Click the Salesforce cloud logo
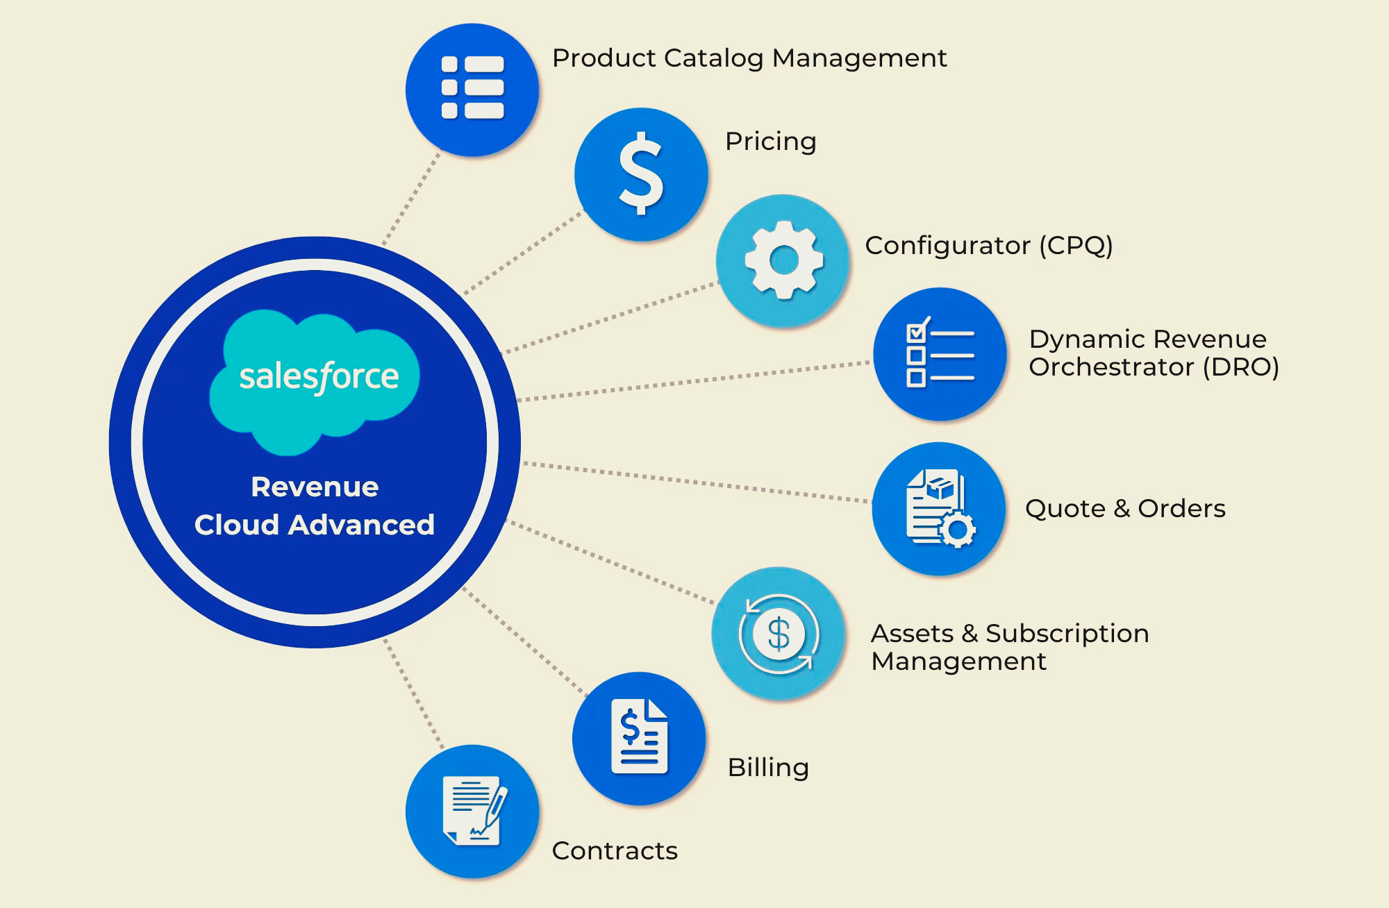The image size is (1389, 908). [x=316, y=378]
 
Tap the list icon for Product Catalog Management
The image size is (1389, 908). [x=472, y=88]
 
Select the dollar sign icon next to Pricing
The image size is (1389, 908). [x=641, y=174]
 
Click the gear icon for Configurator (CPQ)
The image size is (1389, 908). [x=783, y=260]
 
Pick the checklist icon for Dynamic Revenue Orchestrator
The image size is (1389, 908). [x=940, y=354]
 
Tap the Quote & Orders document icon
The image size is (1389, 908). [x=938, y=508]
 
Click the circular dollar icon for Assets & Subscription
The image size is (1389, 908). [x=779, y=634]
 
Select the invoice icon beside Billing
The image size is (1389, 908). [x=639, y=737]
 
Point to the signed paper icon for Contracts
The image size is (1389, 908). [x=473, y=810]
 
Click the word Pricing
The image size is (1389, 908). [x=770, y=142]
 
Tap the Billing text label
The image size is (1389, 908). [x=768, y=768]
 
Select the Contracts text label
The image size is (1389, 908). [x=615, y=851]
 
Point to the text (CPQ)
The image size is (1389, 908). [x=1076, y=246]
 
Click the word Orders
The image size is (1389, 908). [x=1181, y=509]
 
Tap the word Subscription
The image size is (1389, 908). [x=1067, y=634]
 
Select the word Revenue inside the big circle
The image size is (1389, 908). [x=315, y=487]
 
